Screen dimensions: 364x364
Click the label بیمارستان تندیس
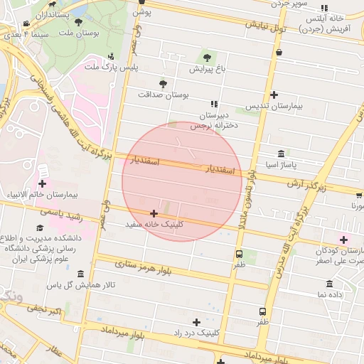tap(274, 106)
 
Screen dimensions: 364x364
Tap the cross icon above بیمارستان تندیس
tap(274, 95)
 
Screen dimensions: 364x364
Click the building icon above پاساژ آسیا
tap(282, 154)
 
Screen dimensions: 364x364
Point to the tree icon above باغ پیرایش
tap(207, 58)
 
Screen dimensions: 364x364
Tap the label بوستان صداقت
tap(164, 94)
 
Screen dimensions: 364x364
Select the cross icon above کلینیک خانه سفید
tap(154, 213)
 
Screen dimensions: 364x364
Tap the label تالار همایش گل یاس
tap(78, 285)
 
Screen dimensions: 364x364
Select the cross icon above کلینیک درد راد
tap(197, 322)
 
